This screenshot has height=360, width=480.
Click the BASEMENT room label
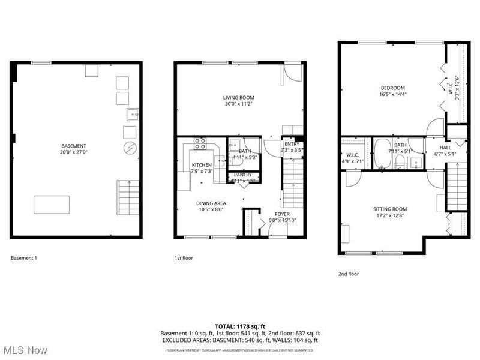[x=74, y=146]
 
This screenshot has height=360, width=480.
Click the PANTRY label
[x=243, y=175]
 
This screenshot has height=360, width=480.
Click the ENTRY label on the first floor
[x=292, y=144]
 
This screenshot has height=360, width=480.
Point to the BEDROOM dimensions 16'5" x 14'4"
[x=392, y=94]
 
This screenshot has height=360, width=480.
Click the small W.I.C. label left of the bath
[x=352, y=154]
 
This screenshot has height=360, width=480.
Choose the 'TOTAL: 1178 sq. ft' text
[x=240, y=326]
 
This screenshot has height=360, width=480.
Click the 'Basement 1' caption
[x=24, y=258]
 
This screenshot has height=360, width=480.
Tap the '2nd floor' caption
[x=348, y=274]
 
